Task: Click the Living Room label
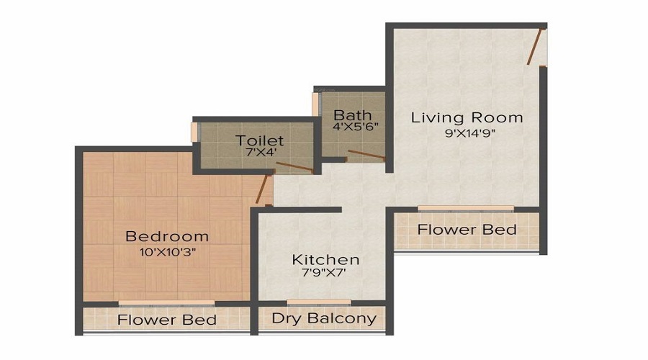pyautogui.click(x=467, y=117)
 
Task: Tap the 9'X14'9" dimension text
pyautogui.click(x=467, y=133)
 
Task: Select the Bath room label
pyautogui.click(x=353, y=115)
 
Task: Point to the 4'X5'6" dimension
pyautogui.click(x=356, y=127)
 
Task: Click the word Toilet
pyautogui.click(x=259, y=140)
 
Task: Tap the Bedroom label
pyautogui.click(x=167, y=236)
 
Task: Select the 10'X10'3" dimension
pyautogui.click(x=167, y=252)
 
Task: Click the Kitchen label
pyautogui.click(x=325, y=260)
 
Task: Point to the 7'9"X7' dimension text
pyautogui.click(x=324, y=272)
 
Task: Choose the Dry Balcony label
pyautogui.click(x=324, y=318)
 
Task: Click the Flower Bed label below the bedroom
pyautogui.click(x=166, y=320)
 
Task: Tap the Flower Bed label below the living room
pyautogui.click(x=467, y=230)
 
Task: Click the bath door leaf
pyautogui.click(x=366, y=155)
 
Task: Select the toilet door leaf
pyautogui.click(x=294, y=166)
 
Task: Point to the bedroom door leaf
pyautogui.click(x=262, y=189)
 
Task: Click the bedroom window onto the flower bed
pyautogui.click(x=166, y=303)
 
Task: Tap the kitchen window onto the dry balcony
pyautogui.click(x=319, y=302)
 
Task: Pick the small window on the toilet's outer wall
pyautogui.click(x=194, y=132)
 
